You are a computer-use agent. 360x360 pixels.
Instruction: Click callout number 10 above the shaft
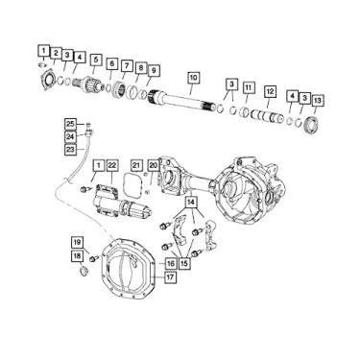point(193,77)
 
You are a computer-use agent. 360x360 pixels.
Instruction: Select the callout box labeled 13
point(318,100)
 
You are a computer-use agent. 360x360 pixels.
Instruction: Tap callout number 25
point(70,124)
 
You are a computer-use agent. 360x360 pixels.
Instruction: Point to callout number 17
point(170,278)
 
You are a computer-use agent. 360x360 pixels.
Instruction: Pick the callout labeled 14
point(192,203)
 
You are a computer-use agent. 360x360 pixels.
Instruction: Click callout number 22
point(112,166)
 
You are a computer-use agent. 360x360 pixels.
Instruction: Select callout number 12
point(271,92)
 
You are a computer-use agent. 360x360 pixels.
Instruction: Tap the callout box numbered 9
point(154,70)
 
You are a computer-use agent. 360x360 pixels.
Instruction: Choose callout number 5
point(95,60)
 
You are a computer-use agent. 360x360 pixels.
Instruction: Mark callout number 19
point(76,241)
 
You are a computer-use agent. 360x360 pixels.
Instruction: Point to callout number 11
point(248,88)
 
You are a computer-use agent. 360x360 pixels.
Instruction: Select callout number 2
point(56,52)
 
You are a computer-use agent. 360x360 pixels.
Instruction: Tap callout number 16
point(170,263)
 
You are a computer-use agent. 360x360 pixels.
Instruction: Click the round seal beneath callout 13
point(311,126)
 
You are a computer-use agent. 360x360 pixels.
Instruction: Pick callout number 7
point(127,64)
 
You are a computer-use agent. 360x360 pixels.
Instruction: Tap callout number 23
point(70,149)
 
